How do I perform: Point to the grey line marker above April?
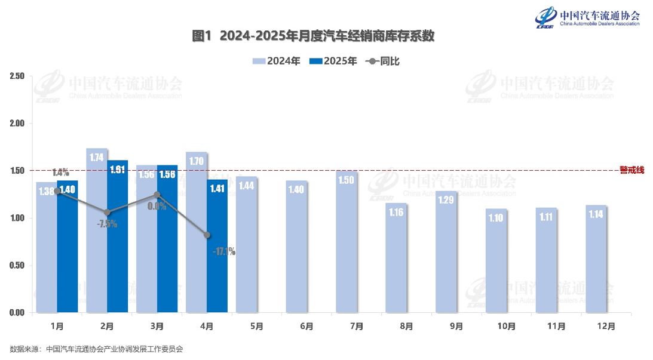207,235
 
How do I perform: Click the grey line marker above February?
107,213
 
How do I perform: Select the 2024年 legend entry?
276,61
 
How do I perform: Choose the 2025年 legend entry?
332,61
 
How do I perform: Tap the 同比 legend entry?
382,61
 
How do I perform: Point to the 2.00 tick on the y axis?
17,124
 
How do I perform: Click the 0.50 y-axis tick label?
17,266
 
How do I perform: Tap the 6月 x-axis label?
306,327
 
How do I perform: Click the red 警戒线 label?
631,170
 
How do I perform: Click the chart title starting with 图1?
313,36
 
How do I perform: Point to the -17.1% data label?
224,252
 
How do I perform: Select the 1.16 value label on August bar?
396,212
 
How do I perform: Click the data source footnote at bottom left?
96,349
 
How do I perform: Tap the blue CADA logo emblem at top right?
545,16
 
